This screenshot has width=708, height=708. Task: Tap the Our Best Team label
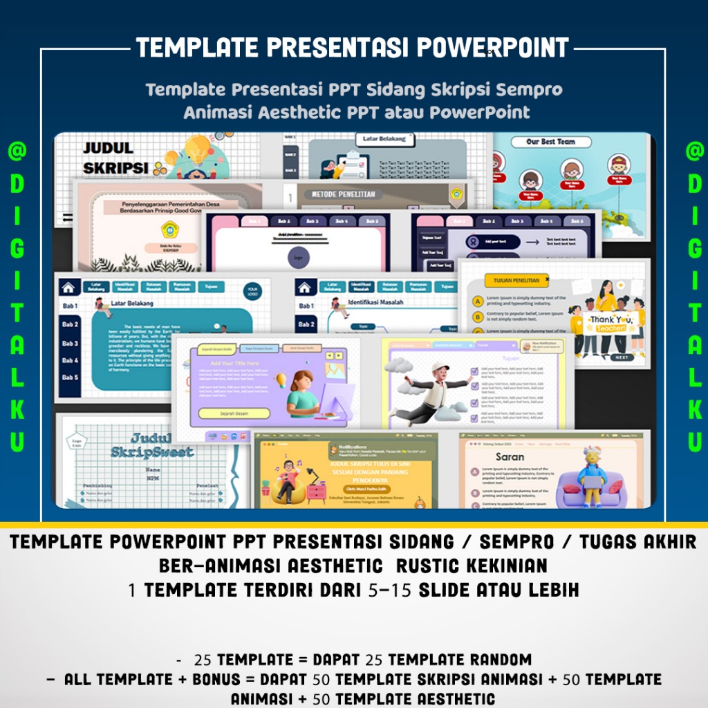[550, 142]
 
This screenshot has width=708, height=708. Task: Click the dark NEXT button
[621, 357]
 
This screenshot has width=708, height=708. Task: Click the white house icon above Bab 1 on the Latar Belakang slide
[68, 288]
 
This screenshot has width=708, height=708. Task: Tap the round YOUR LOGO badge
[253, 290]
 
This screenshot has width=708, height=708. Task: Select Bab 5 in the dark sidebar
[70, 378]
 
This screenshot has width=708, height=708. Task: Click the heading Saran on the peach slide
[510, 456]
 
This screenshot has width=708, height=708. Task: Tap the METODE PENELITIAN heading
[344, 194]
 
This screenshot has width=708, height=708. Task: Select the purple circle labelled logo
[299, 257]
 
